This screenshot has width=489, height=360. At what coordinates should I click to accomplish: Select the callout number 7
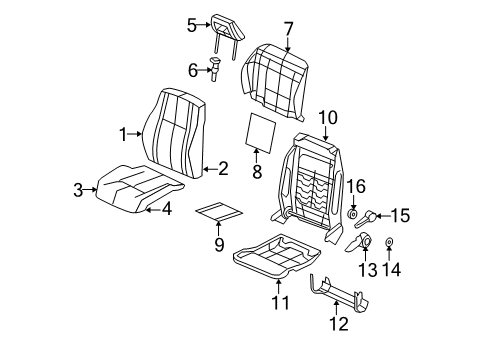point(288,27)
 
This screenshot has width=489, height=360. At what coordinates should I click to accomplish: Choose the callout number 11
point(279,302)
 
